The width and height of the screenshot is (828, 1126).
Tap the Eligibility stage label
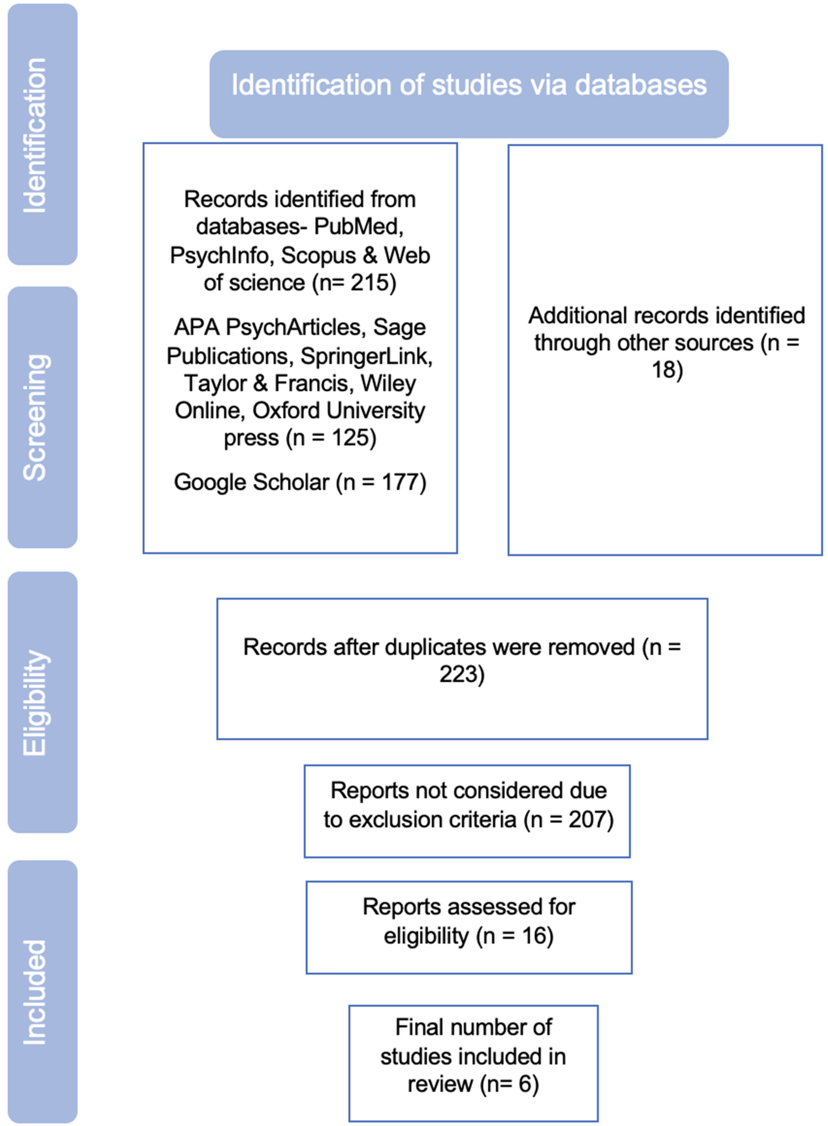coord(36,702)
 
